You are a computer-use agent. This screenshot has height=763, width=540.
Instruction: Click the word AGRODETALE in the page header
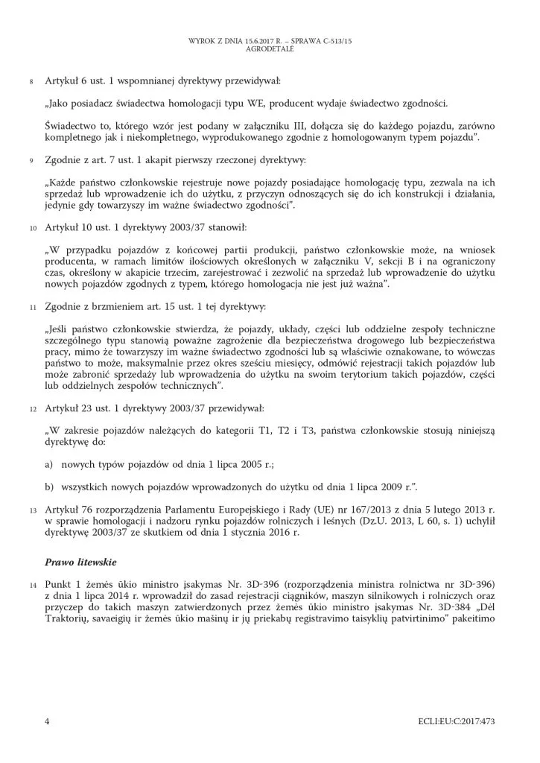coord(270,47)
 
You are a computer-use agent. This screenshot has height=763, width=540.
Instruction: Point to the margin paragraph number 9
coord(31,161)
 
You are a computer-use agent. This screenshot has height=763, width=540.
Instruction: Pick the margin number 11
coord(31,306)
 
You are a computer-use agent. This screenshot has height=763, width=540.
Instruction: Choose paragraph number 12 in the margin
coord(31,409)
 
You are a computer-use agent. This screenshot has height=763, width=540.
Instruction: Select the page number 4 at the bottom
coord(47,721)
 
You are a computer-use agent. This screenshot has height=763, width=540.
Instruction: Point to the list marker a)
coord(49,464)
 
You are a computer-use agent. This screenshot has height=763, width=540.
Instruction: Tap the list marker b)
coord(49,487)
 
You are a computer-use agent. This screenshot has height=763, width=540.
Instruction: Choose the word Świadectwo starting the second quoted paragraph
coord(75,121)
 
